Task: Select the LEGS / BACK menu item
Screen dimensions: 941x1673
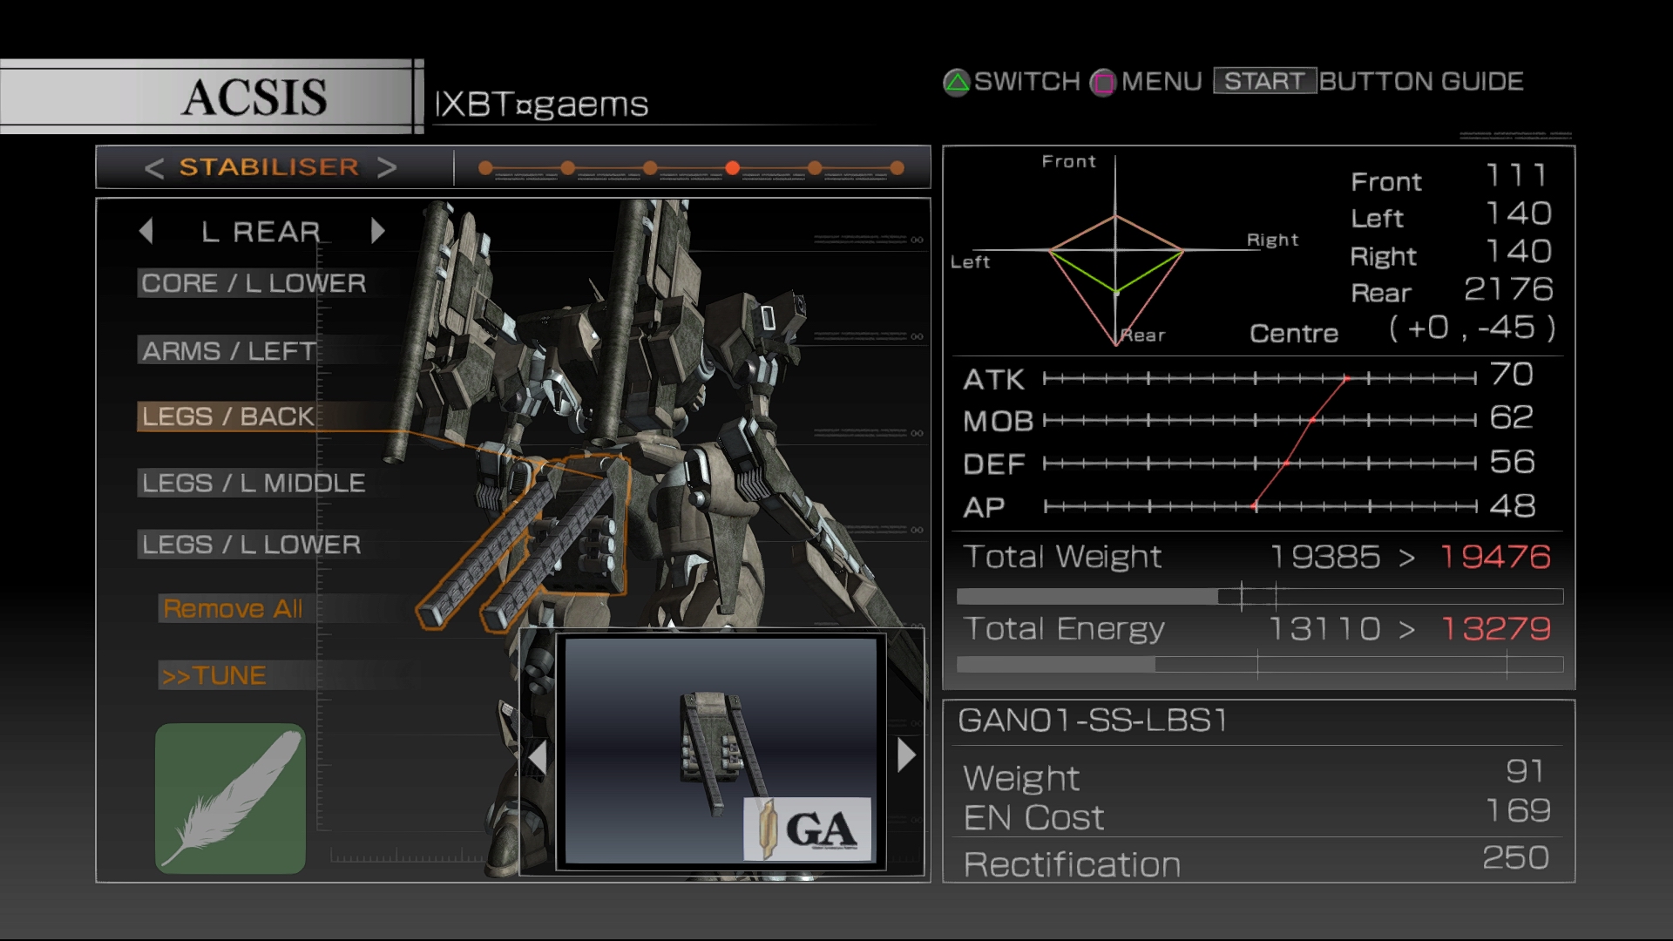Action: [227, 416]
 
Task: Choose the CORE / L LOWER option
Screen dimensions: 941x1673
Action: [254, 283]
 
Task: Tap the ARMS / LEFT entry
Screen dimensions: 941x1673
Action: [229, 350]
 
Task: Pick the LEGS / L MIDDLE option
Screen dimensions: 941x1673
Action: [254, 483]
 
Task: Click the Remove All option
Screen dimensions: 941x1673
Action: [233, 608]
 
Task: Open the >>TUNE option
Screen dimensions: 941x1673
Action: [213, 675]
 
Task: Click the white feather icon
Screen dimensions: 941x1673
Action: [230, 798]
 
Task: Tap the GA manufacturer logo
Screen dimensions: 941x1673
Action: [808, 829]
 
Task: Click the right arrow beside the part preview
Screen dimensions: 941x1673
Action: [906, 755]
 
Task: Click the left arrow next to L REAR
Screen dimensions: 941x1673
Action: [146, 231]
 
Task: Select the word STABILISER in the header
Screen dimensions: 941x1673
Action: [269, 167]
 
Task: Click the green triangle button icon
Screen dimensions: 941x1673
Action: [957, 83]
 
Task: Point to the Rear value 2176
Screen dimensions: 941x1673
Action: [1508, 289]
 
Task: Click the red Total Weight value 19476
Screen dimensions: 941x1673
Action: [1495, 557]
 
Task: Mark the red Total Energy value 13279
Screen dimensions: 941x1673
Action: [1495, 628]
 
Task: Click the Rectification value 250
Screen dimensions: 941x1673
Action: [1515, 858]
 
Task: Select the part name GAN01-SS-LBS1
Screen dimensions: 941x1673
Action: [1093, 721]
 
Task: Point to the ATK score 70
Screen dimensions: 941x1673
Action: [1512, 375]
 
